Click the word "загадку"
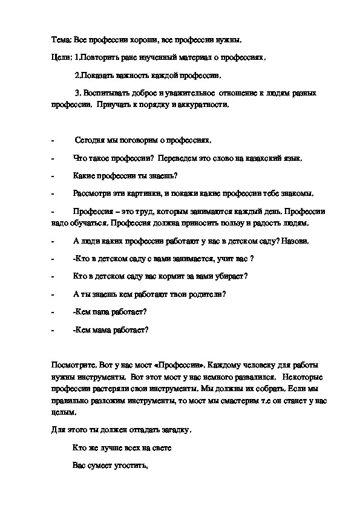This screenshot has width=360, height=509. tap(171, 430)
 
